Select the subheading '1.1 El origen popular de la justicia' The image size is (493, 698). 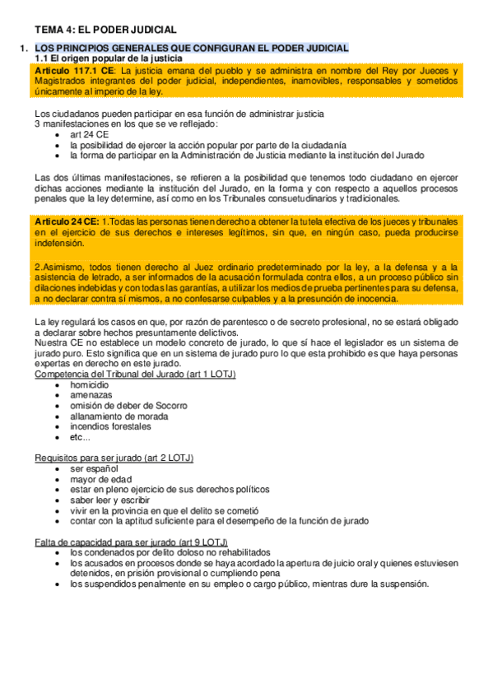point(108,60)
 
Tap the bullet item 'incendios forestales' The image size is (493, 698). point(110,427)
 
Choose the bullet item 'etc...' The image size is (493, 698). point(81,438)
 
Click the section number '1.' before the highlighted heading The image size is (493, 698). point(23,49)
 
